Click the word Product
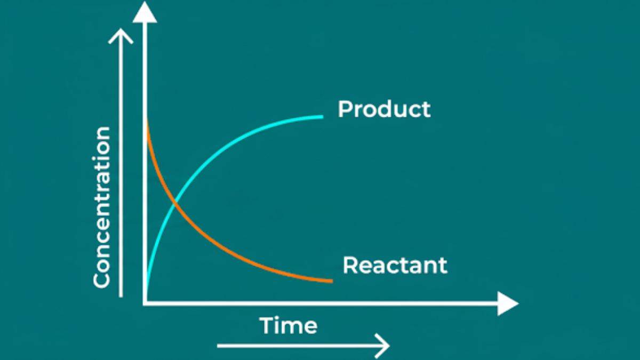click(384, 109)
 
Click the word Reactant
click(395, 265)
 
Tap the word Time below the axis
click(288, 325)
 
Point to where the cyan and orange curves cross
click(175, 202)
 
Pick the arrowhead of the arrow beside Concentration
click(122, 35)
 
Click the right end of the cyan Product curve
click(322, 116)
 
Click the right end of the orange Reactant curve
click(332, 281)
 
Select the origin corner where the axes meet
click(145, 303)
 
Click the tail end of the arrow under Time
click(218, 346)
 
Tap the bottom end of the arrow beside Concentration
click(122, 295)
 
